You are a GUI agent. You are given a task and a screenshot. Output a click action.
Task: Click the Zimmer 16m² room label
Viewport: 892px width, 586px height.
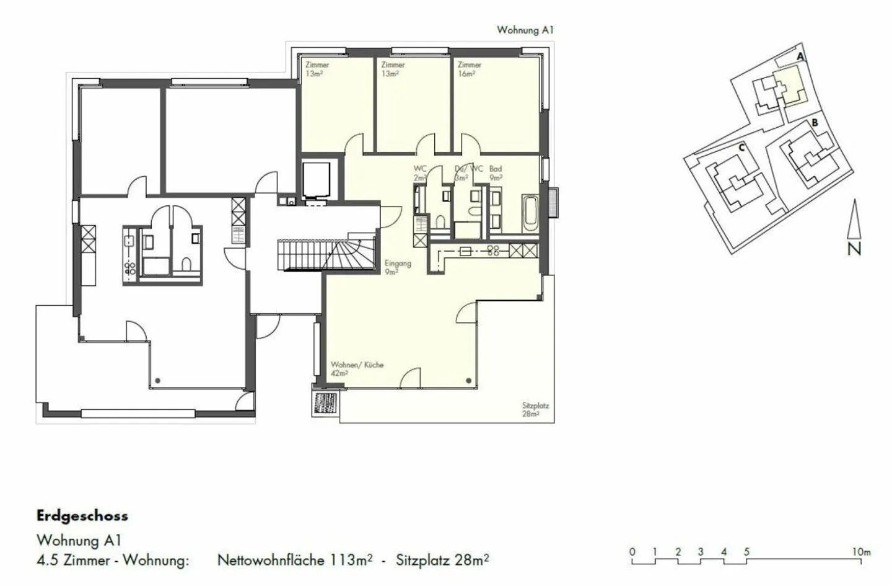[x=469, y=69]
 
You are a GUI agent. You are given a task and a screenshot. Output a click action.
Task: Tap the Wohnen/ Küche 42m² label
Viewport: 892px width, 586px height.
[x=357, y=369]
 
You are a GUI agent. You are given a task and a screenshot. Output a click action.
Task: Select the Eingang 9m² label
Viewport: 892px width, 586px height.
[x=397, y=267]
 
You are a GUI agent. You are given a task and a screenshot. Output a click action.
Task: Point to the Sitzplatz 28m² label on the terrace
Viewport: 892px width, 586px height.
[x=535, y=410]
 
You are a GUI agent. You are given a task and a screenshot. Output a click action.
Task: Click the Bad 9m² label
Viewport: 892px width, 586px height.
[x=496, y=172]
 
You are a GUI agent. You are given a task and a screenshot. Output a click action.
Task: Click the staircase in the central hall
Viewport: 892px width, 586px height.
[x=325, y=254]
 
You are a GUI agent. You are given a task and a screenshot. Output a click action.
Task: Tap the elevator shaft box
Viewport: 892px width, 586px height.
[x=320, y=180]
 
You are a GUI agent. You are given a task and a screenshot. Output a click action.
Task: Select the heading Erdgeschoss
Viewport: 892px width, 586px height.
[x=82, y=516]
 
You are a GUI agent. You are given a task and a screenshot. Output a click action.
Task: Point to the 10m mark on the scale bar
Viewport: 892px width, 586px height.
[x=861, y=551]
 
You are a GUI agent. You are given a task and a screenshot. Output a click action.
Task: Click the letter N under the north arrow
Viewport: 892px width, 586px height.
[x=854, y=249]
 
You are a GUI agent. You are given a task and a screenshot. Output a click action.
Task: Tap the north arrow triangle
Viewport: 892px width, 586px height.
[x=854, y=220]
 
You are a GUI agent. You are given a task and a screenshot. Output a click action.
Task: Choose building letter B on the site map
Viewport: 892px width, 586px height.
[x=815, y=123]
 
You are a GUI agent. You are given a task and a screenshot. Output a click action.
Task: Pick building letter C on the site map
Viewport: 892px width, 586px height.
[x=741, y=148]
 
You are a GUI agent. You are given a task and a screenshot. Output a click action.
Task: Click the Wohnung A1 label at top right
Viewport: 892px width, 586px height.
[x=525, y=30]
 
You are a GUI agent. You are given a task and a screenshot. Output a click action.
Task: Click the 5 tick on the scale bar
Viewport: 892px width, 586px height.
[x=746, y=551]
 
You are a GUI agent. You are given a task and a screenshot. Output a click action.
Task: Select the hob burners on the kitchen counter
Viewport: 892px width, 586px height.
[x=494, y=251]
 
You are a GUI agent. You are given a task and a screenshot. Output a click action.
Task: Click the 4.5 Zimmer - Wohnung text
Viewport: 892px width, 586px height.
[x=112, y=561]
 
